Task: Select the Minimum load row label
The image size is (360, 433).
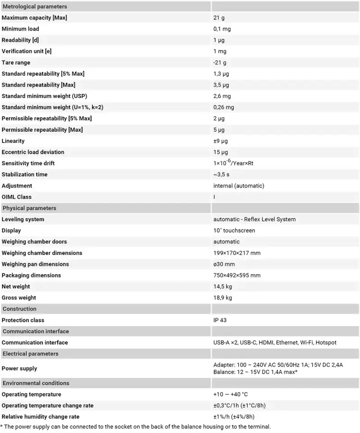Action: click(20, 29)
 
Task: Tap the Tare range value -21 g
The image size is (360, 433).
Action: click(220, 63)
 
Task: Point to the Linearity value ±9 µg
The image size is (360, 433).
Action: click(221, 141)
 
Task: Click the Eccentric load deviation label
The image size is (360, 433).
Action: click(33, 152)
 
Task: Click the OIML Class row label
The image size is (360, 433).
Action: click(17, 197)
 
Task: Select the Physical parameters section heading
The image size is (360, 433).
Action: click(29, 208)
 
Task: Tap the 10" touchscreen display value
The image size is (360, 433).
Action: click(234, 230)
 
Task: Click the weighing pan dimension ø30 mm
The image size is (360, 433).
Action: click(224, 264)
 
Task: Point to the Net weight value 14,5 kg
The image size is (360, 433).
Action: click(223, 286)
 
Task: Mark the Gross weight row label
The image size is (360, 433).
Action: click(19, 298)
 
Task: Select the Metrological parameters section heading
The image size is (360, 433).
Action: click(35, 7)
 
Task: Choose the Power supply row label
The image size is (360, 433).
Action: click(19, 369)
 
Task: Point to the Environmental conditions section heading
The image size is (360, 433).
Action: click(36, 383)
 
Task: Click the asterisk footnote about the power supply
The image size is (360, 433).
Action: click(135, 427)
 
